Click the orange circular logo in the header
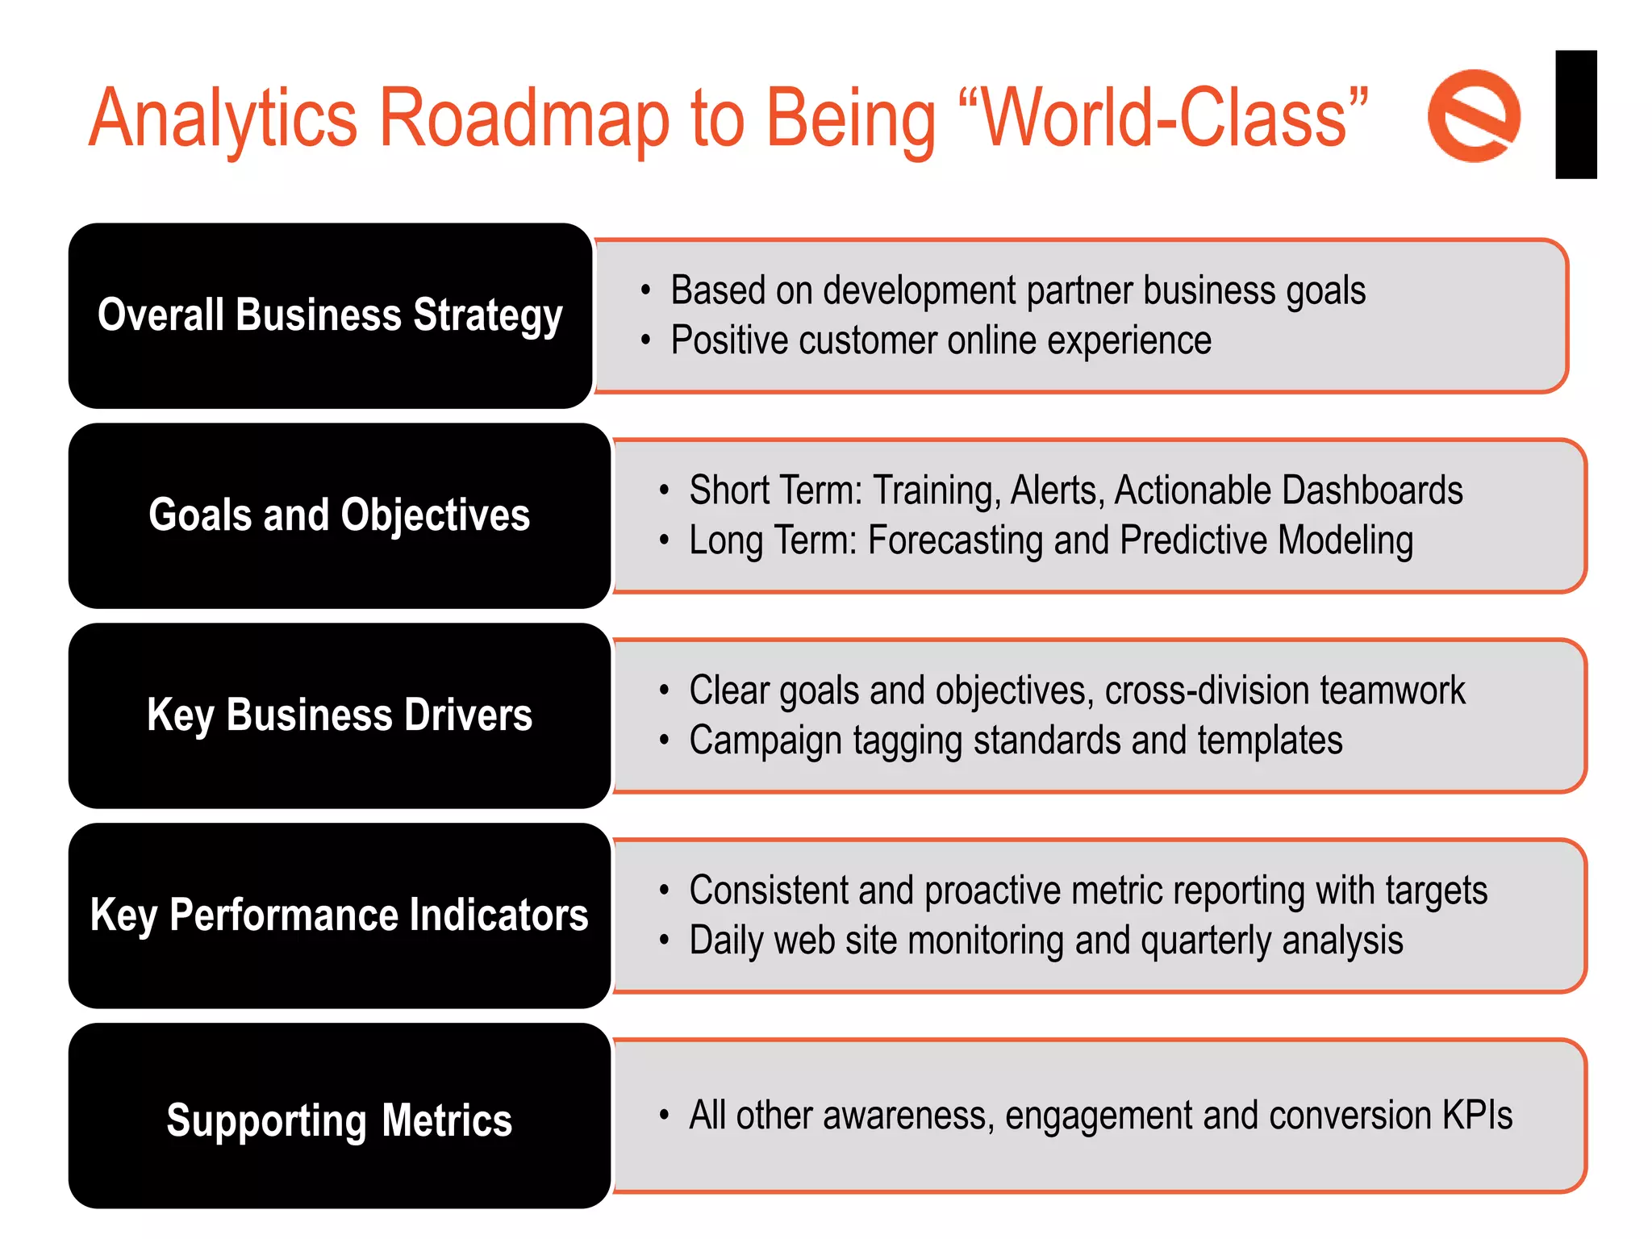(x=1474, y=116)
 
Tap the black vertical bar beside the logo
(x=1575, y=115)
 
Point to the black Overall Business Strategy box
(x=331, y=315)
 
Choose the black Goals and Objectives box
(x=340, y=515)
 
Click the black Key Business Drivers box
(x=340, y=715)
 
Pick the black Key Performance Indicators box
(x=340, y=916)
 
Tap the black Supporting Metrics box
(x=340, y=1119)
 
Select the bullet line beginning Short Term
(x=1075, y=490)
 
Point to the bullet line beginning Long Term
(x=1050, y=540)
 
